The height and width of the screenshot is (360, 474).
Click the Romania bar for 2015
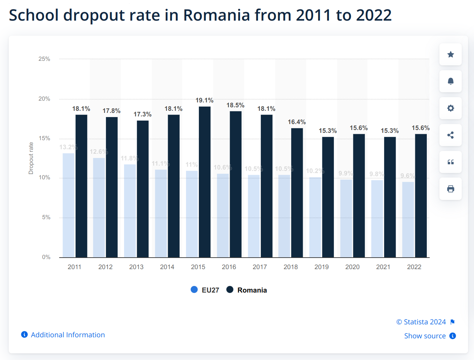point(204,182)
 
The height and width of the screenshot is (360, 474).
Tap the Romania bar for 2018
point(297,193)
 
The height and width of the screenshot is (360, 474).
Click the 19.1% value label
point(204,101)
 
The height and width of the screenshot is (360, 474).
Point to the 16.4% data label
point(296,122)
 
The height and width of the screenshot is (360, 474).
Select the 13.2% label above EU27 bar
point(68,147)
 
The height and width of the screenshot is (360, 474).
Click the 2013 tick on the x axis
point(136,267)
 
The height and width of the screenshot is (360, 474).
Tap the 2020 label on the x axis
point(352,267)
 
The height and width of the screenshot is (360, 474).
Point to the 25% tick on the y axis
point(44,59)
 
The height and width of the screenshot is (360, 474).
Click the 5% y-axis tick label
point(46,217)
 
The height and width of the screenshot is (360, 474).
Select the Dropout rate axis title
point(31,158)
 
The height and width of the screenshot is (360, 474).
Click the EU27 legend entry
point(205,290)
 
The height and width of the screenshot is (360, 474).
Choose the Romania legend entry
point(247,290)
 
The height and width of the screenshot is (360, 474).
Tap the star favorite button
point(451,55)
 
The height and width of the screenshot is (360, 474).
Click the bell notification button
point(451,81)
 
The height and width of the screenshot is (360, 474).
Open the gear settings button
point(451,108)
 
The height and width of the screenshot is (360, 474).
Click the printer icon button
point(451,189)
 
